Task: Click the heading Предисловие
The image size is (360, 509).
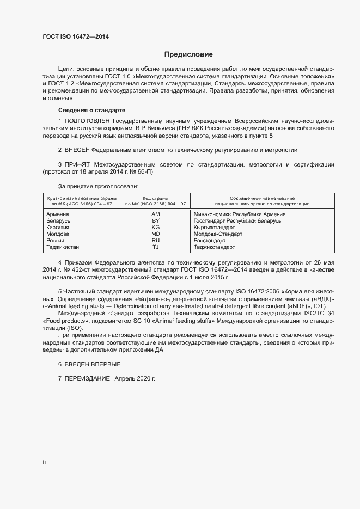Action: coord(188,54)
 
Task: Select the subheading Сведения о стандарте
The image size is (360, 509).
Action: coord(84,111)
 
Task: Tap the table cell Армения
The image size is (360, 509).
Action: coord(58,214)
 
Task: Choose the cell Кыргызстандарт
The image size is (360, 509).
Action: coord(214,228)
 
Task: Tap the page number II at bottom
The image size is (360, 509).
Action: coord(44,462)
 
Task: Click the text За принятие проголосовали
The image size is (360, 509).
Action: coord(95,186)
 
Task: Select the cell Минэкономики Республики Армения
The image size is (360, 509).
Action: coord(240,214)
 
